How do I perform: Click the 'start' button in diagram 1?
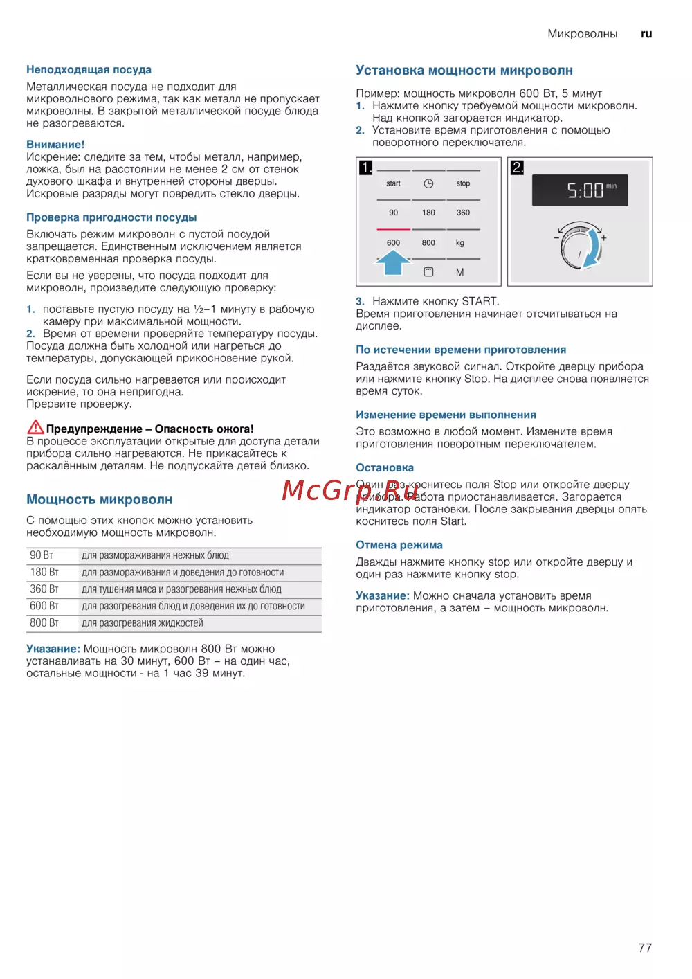coord(393,183)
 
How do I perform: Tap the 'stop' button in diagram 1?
coord(463,183)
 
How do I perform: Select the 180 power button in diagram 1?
coord(428,213)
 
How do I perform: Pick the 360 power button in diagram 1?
coord(463,213)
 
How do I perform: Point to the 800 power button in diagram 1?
coord(428,243)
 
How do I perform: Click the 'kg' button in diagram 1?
coord(460,243)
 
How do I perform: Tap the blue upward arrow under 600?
coord(393,262)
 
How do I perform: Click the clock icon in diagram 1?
coord(428,183)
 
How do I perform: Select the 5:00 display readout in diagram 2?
coord(580,190)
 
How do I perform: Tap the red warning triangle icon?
coord(35,427)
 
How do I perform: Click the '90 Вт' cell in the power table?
coord(42,555)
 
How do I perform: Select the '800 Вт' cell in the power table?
coord(44,623)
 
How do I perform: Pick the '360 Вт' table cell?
coord(44,589)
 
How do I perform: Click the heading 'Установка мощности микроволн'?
coord(464,71)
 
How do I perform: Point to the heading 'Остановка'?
coord(385,468)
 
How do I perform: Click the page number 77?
coord(645,948)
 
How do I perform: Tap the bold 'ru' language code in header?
coord(646,34)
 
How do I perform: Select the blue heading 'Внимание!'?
coord(55,145)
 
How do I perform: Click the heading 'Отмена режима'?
coord(399,546)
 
